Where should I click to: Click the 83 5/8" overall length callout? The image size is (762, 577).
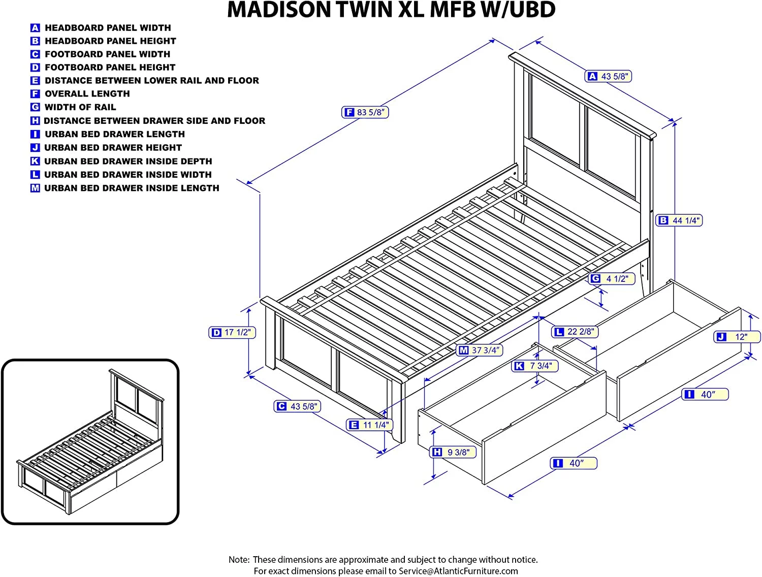coord(365,112)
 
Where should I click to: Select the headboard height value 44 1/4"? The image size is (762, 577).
coord(679,220)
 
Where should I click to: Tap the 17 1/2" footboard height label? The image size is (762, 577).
coord(232,333)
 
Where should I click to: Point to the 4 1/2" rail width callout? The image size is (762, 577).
coord(612,279)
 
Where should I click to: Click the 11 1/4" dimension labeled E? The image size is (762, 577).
coord(370,425)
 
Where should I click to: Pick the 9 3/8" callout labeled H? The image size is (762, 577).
coord(453,452)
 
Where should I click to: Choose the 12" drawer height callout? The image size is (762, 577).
coord(738,337)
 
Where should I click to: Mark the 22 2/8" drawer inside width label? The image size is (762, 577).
coord(575,332)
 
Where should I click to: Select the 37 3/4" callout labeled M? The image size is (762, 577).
coord(480,350)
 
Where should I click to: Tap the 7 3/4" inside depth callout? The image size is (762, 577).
coord(535,366)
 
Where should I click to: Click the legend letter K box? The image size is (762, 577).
coord(35,162)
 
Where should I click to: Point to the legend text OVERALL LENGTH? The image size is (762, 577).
coord(87,94)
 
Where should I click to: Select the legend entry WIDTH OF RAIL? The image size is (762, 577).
coord(80,107)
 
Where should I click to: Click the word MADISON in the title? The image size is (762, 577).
coord(279,10)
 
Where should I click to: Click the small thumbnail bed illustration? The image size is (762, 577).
coord(90,441)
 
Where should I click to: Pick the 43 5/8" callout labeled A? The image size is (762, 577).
coord(609,76)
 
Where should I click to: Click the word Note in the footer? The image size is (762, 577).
coord(239,560)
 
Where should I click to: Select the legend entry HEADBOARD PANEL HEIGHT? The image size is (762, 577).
coord(110,41)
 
